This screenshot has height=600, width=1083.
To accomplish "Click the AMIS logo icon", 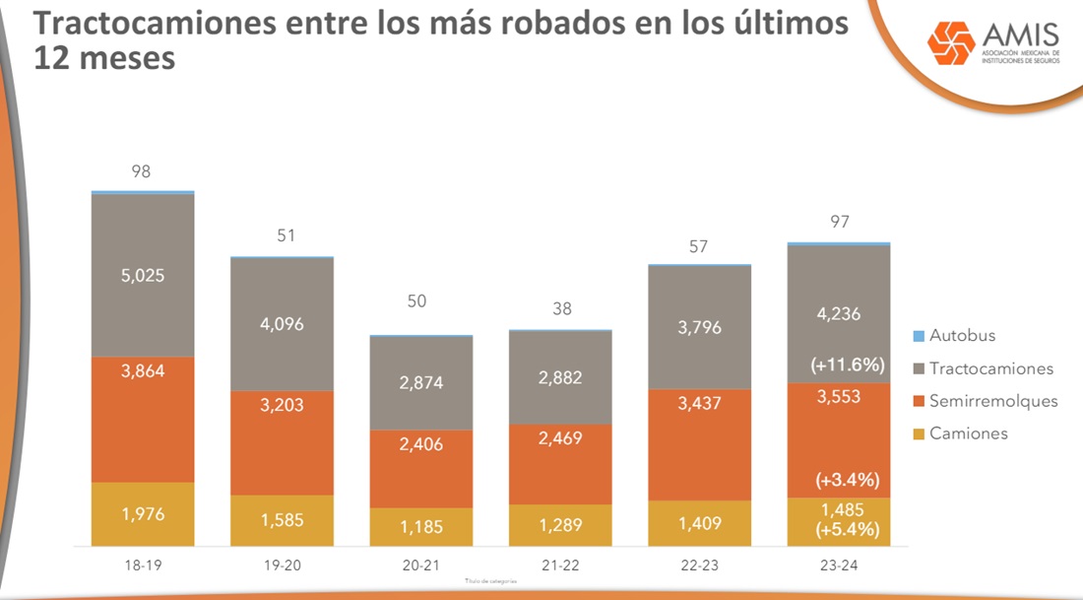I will [x=951, y=41].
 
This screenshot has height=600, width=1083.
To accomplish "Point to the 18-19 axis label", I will [x=142, y=566].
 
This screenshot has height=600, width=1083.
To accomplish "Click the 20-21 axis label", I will [x=420, y=566].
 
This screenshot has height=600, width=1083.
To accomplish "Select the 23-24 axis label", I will [x=838, y=566].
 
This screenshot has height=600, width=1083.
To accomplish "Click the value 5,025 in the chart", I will [x=142, y=276].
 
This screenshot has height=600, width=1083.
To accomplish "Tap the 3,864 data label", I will [x=142, y=371].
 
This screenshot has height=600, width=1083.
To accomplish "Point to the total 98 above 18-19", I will [x=142, y=171].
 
